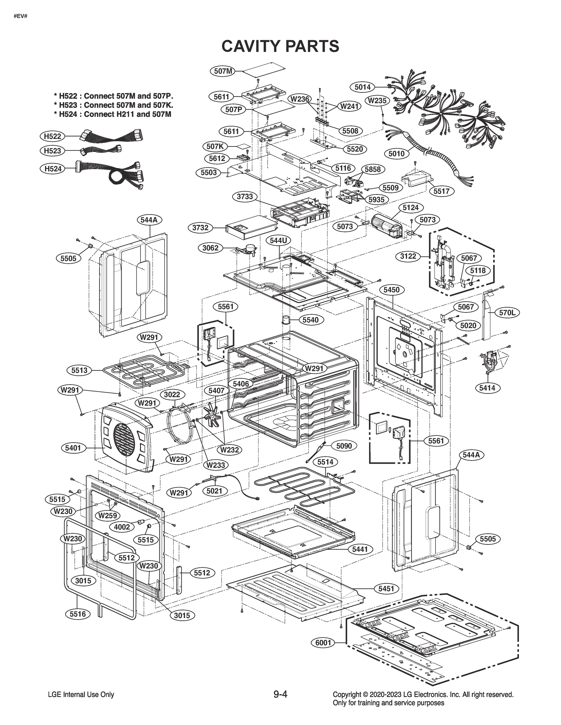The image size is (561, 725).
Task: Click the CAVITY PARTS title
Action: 280,46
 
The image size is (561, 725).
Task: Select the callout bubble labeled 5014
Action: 362,87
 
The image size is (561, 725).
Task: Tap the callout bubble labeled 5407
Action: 216,391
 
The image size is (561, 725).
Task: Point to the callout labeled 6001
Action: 323,643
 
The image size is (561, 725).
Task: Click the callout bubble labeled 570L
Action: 507,312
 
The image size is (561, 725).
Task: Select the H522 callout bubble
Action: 53,136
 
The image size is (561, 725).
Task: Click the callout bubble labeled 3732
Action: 201,228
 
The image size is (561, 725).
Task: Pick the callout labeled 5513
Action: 79,370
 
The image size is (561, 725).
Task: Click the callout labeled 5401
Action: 73,448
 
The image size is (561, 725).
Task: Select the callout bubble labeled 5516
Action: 77,614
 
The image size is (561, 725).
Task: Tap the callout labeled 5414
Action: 487,388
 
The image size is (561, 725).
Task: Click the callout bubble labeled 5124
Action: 410,208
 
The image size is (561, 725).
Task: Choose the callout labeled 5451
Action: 386,588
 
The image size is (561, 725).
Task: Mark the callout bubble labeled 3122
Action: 408,256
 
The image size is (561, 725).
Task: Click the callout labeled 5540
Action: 310,320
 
